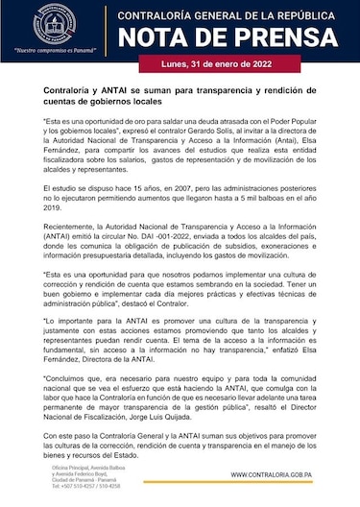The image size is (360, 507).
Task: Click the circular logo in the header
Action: (50, 26)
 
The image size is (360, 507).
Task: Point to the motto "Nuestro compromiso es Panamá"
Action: (50, 58)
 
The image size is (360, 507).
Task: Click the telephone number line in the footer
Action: (63, 486)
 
